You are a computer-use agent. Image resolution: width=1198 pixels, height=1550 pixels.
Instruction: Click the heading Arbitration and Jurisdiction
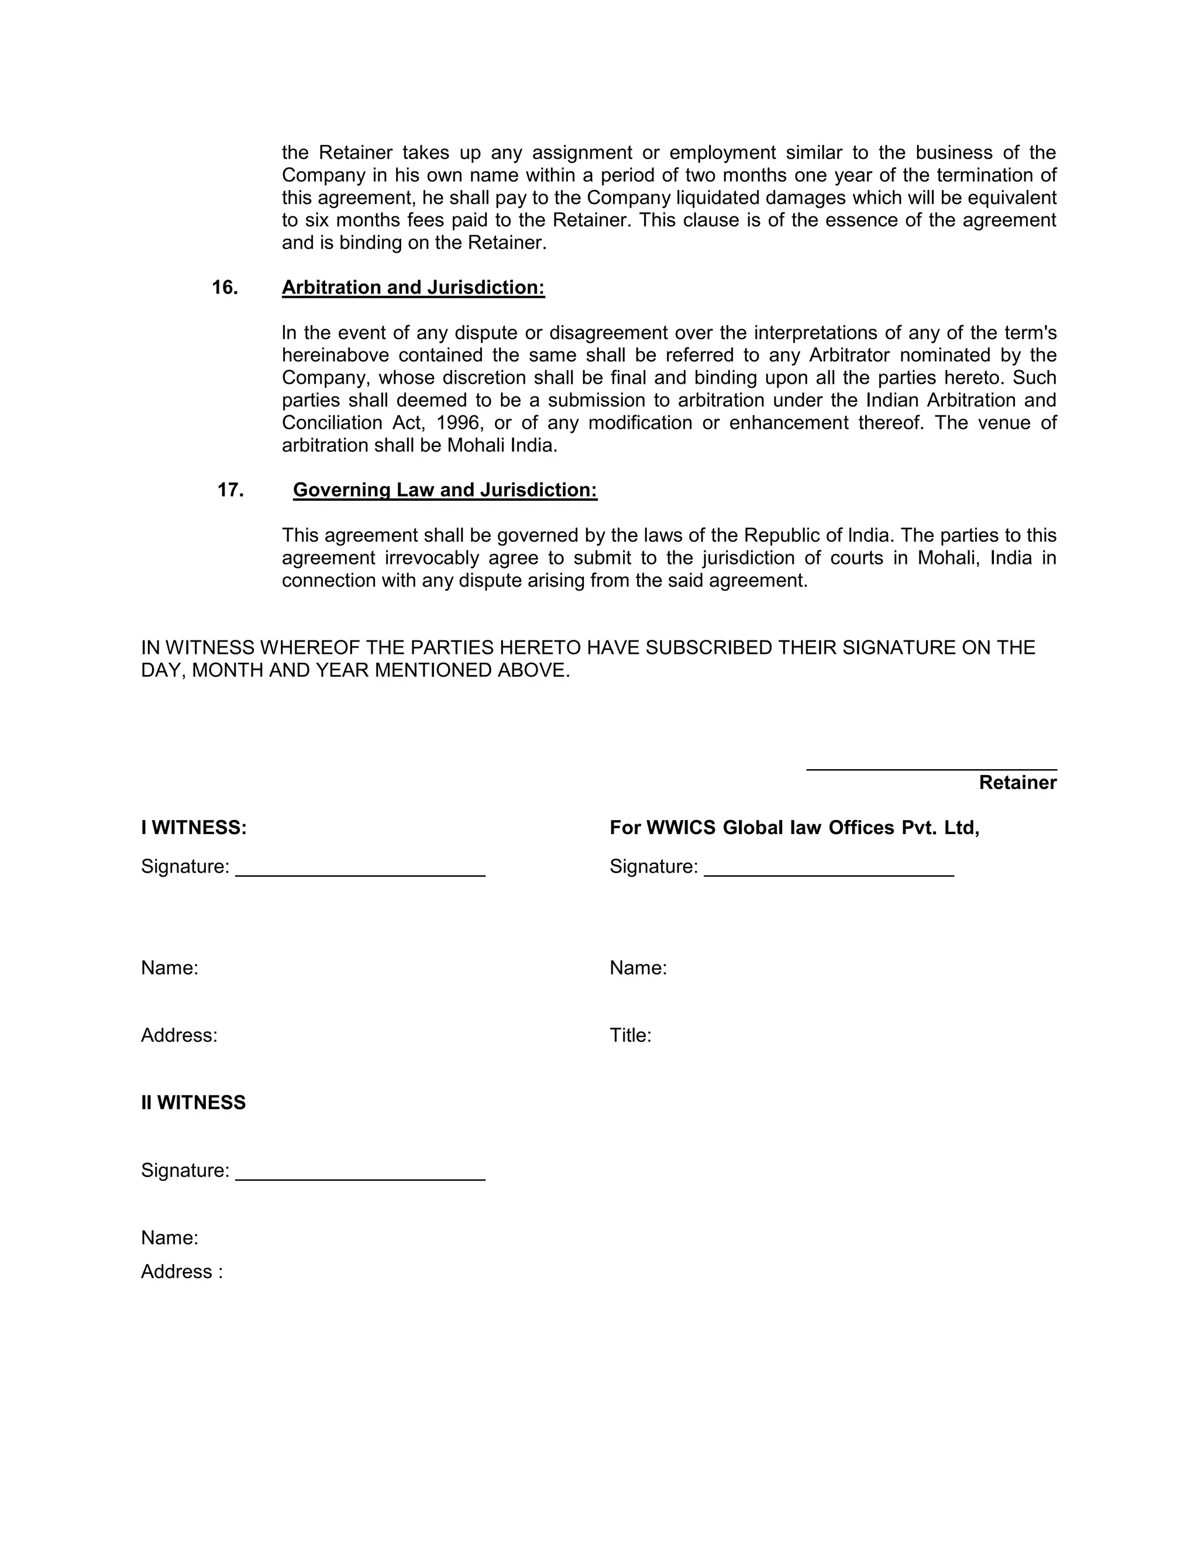pyautogui.click(x=413, y=287)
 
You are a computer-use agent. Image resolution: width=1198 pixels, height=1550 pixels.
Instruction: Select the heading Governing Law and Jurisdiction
pyautogui.click(x=445, y=490)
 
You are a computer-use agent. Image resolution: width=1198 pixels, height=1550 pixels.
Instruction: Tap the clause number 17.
pyautogui.click(x=230, y=490)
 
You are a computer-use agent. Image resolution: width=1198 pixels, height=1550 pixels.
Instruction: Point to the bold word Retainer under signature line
pyautogui.click(x=1017, y=782)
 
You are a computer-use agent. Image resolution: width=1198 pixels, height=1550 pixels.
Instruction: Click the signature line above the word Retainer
pyautogui.click(x=931, y=769)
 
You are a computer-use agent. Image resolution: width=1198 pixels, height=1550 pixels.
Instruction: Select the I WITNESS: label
pyautogui.click(x=194, y=828)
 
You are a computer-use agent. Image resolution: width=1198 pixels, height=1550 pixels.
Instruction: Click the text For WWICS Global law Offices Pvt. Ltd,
pyautogui.click(x=794, y=828)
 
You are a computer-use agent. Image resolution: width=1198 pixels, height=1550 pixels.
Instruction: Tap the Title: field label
pyautogui.click(x=630, y=1035)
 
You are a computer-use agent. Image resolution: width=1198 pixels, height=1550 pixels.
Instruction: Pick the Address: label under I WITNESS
pyautogui.click(x=179, y=1035)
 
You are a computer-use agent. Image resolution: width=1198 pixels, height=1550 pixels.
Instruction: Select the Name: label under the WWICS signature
pyautogui.click(x=638, y=968)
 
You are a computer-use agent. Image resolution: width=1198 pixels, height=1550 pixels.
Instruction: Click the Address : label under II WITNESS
pyautogui.click(x=182, y=1271)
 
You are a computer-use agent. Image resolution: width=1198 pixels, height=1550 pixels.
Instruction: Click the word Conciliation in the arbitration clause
pyautogui.click(x=332, y=423)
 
